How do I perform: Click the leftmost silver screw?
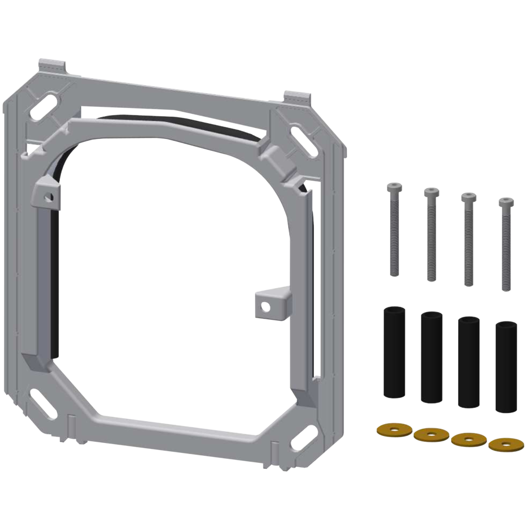(393, 229)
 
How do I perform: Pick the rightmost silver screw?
(505, 243)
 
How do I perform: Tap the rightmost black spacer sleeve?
(505, 367)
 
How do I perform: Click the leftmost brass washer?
(392, 429)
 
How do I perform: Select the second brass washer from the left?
(431, 435)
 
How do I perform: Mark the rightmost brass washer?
(505, 444)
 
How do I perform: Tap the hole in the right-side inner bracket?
(265, 305)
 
